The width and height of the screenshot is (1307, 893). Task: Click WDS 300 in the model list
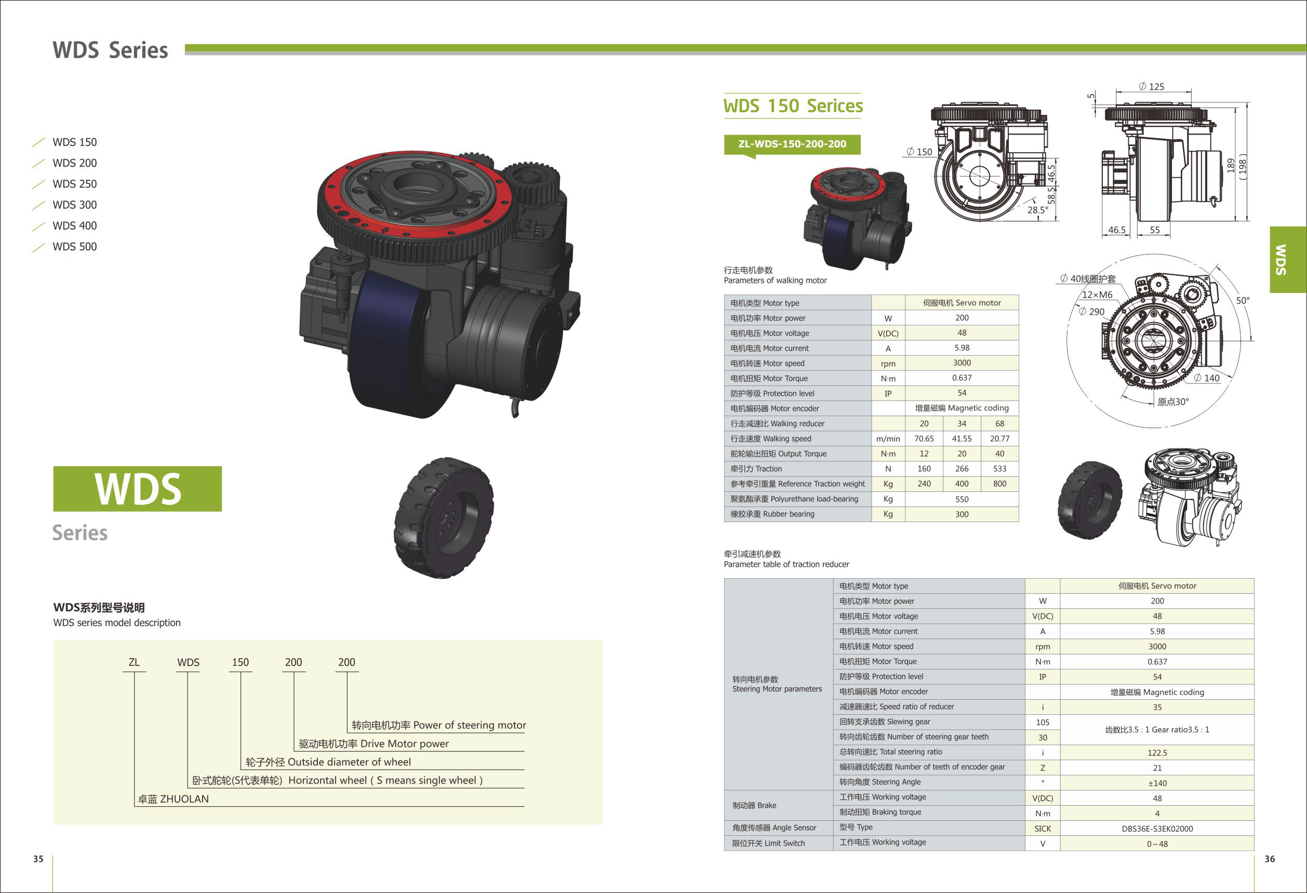[x=74, y=205]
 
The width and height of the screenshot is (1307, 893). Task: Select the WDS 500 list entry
[x=74, y=246]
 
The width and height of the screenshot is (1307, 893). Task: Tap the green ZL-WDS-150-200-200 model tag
[x=792, y=144]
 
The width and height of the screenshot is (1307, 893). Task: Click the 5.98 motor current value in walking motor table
[x=962, y=348]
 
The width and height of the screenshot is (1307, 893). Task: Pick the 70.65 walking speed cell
[x=924, y=438]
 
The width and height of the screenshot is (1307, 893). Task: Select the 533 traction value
[x=999, y=469]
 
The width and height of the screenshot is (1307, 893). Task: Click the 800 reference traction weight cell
[x=999, y=484]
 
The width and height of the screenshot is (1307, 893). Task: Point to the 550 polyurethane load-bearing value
[x=962, y=499]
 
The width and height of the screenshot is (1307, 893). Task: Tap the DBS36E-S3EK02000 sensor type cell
[x=1157, y=829]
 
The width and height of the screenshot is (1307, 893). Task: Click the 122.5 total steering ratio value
[x=1157, y=752]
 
